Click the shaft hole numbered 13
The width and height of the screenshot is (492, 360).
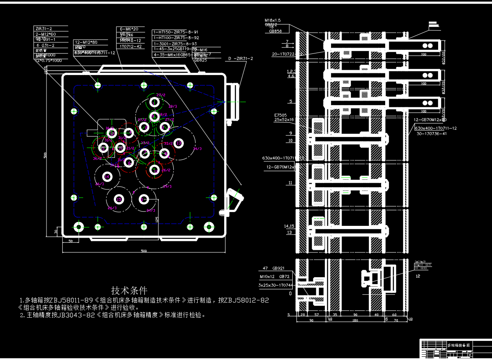(178, 143)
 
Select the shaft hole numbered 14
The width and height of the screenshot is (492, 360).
(107, 177)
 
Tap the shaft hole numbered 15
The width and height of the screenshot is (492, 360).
(119, 200)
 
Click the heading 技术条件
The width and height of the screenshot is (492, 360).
(129, 290)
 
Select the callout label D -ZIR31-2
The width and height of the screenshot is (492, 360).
(240, 59)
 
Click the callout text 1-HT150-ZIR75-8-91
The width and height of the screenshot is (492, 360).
(176, 32)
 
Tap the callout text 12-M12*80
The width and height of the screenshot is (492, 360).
(86, 42)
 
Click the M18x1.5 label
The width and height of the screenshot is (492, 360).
(273, 20)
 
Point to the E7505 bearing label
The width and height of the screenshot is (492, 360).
(280, 115)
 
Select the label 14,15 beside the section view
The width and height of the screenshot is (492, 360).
(289, 226)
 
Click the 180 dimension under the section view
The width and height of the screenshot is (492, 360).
(355, 321)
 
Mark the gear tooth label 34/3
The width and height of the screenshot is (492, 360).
(197, 149)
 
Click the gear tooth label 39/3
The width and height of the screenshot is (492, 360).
(167, 186)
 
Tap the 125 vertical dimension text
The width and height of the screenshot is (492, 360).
(157, 219)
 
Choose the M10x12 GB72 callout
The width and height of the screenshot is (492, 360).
(274, 277)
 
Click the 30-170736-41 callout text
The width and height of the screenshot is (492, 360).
(431, 133)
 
